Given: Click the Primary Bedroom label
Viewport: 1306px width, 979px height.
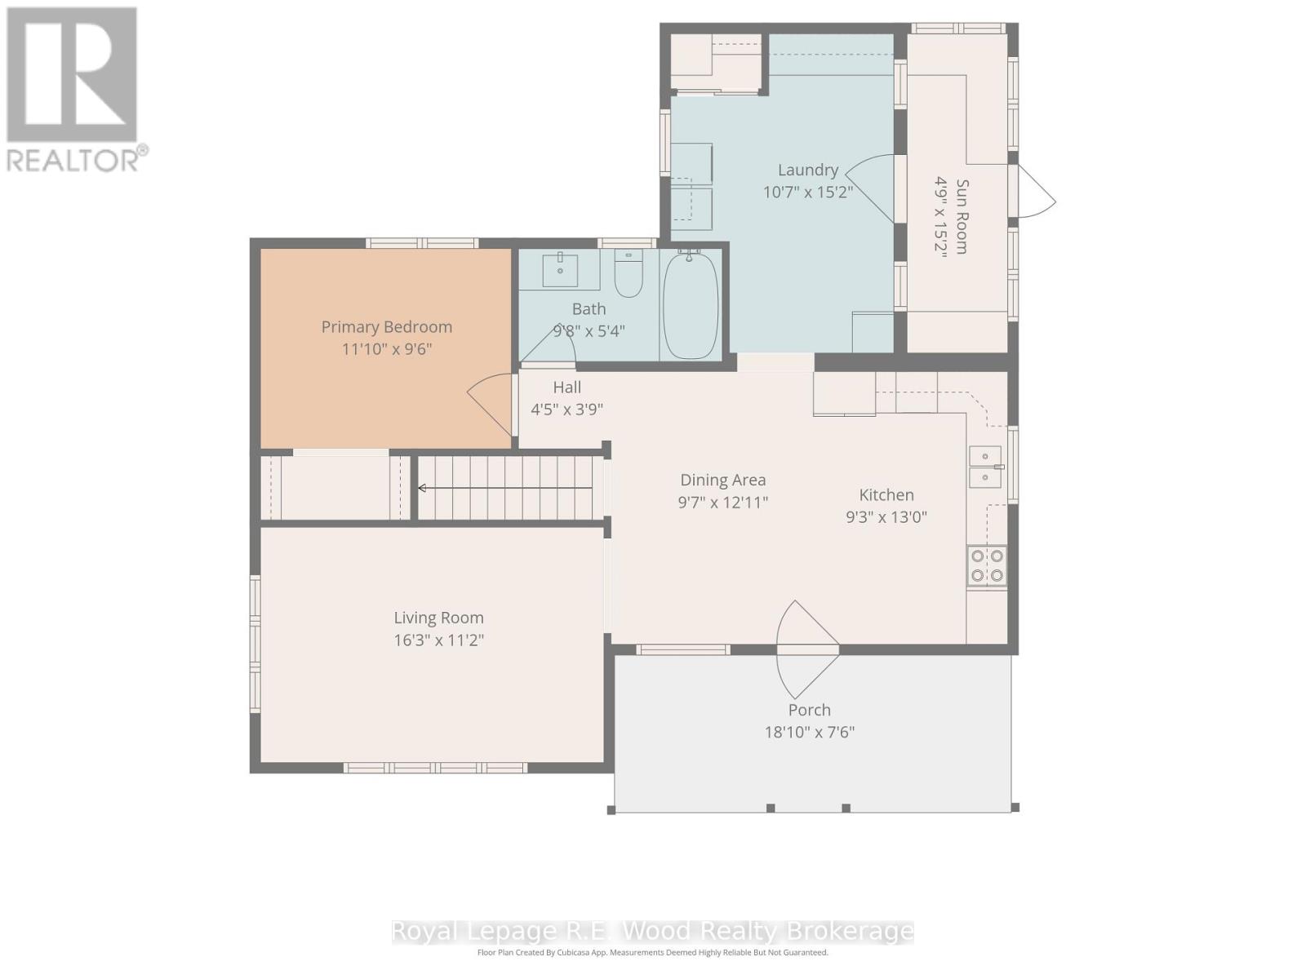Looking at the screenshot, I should pyautogui.click(x=386, y=327).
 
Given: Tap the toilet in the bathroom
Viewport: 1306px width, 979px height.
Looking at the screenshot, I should pyautogui.click(x=629, y=275).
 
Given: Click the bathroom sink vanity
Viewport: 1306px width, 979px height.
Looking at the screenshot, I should pyautogui.click(x=561, y=269).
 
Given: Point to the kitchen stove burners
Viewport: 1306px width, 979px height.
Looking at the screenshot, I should pyautogui.click(x=986, y=565).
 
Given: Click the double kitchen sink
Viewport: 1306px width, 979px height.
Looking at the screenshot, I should pyautogui.click(x=985, y=467).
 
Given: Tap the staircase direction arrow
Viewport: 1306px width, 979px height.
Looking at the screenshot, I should pyautogui.click(x=424, y=488).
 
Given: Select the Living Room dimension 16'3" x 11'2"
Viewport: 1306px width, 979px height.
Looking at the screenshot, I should pyautogui.click(x=438, y=640).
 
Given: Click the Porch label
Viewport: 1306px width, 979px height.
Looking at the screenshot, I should pyautogui.click(x=809, y=710).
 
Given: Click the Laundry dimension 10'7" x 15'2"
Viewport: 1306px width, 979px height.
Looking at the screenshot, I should pyautogui.click(x=808, y=193).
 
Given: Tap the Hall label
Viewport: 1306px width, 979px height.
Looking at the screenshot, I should pyautogui.click(x=566, y=388).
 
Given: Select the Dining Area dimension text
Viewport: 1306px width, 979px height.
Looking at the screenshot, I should pyautogui.click(x=722, y=503).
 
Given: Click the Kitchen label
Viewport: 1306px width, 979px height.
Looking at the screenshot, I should pyautogui.click(x=886, y=494).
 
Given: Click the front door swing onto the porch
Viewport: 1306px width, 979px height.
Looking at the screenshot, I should pyautogui.click(x=806, y=649).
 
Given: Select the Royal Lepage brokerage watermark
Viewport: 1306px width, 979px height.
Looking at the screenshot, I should pyautogui.click(x=652, y=931).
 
